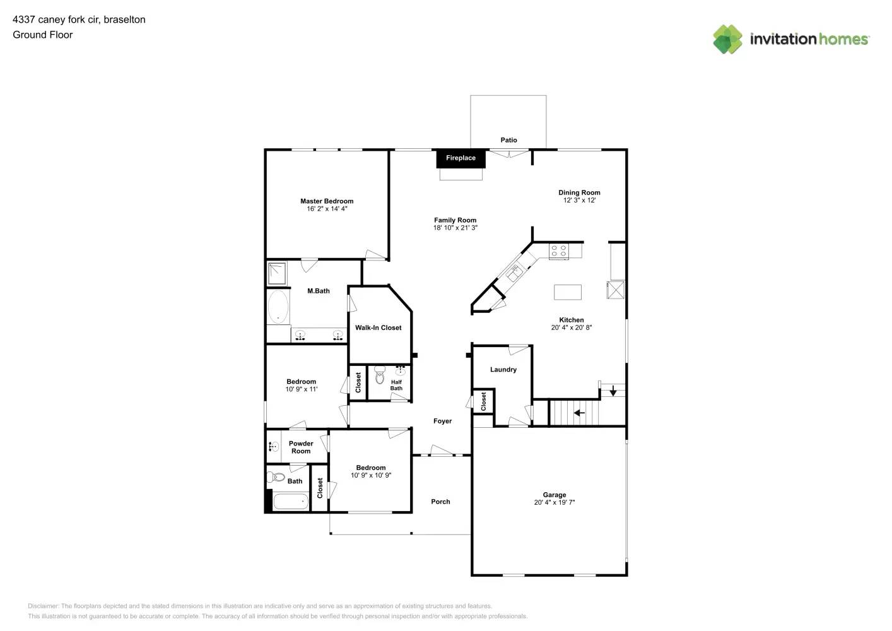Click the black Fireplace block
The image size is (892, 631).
(461, 158)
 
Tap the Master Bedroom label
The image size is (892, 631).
(327, 201)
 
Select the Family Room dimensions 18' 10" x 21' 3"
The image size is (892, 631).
(455, 228)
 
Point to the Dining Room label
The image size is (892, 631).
(579, 192)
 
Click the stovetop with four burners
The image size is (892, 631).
(559, 251)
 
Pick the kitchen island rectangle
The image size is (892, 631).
(568, 292)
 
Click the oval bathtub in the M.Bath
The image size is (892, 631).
(278, 306)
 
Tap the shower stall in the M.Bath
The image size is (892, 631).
(277, 274)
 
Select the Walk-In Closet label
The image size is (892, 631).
(378, 328)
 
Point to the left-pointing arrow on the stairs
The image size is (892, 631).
(579, 413)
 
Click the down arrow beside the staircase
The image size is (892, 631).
(613, 391)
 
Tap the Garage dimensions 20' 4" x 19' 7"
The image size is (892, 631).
(555, 502)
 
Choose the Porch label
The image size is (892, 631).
(440, 502)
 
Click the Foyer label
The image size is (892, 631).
(442, 421)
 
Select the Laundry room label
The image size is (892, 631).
(503, 370)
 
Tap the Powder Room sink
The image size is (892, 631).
(274, 447)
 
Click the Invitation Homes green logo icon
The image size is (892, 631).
(727, 39)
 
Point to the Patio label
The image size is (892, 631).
(508, 140)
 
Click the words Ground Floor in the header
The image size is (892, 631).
(43, 35)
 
